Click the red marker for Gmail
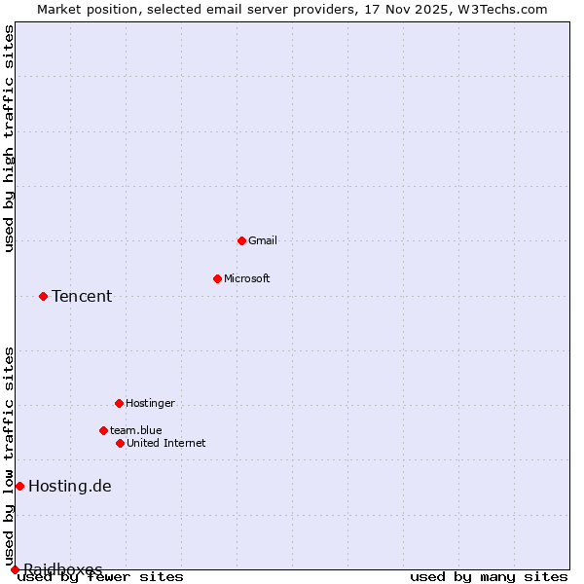241,240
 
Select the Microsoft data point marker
217,278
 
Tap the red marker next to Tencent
43,296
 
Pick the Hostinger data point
119,403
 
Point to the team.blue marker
103,430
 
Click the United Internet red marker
120,443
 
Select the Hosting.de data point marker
19,486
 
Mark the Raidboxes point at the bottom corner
15,569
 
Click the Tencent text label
82,296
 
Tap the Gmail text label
263,240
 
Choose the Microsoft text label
247,278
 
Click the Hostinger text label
150,403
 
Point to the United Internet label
166,443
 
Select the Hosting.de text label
70,486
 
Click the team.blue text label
136,430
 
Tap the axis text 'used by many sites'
489,576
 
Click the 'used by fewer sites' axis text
101,576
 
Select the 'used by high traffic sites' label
9,138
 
